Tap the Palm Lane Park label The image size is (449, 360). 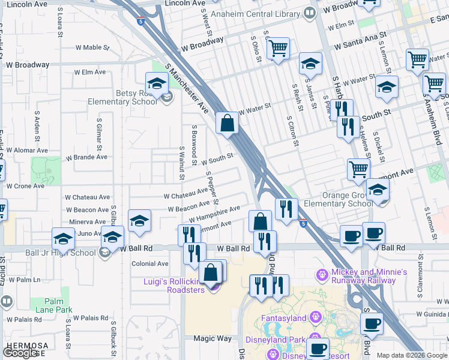(58, 305)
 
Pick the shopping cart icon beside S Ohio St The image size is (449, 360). (278, 49)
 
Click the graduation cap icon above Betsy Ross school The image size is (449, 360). (156, 83)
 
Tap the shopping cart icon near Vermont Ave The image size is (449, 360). (358, 169)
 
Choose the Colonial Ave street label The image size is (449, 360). (150, 263)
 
